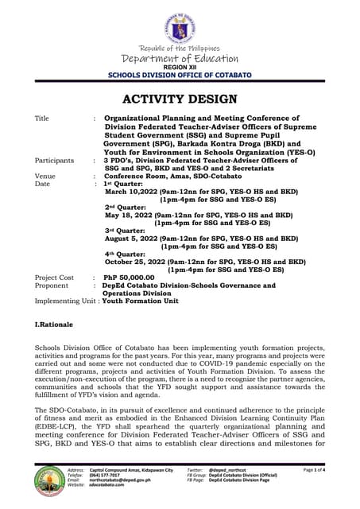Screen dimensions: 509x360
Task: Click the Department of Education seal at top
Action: pos(180,23)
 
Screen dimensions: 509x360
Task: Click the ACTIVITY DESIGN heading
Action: pos(180,99)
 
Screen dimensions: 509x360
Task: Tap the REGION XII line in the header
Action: pos(179,68)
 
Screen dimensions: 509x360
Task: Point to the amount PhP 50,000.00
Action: pos(132,278)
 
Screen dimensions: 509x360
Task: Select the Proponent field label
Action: pos(52,286)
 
